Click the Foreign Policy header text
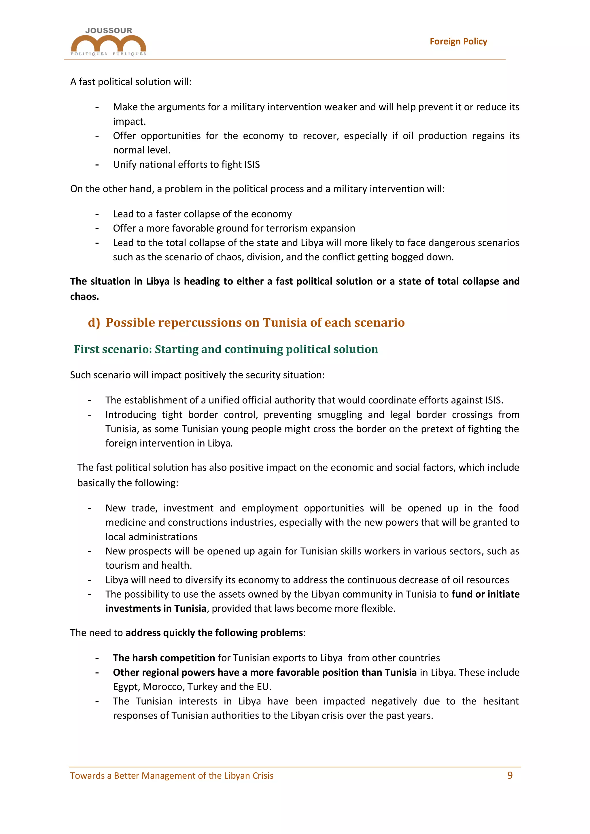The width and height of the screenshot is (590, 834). (458, 41)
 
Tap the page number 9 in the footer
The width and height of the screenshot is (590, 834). (510, 775)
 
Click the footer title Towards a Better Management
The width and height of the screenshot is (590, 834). (171, 776)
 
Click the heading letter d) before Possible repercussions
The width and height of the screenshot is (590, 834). (94, 323)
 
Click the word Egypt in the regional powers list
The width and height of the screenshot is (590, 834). (126, 687)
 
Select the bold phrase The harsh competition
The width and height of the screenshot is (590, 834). (164, 658)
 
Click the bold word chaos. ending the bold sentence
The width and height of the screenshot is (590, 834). (84, 296)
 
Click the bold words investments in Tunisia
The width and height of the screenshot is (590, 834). (156, 609)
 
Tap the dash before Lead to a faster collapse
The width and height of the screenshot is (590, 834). (97, 214)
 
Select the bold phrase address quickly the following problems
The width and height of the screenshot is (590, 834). (214, 633)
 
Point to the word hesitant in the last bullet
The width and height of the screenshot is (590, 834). (501, 701)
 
